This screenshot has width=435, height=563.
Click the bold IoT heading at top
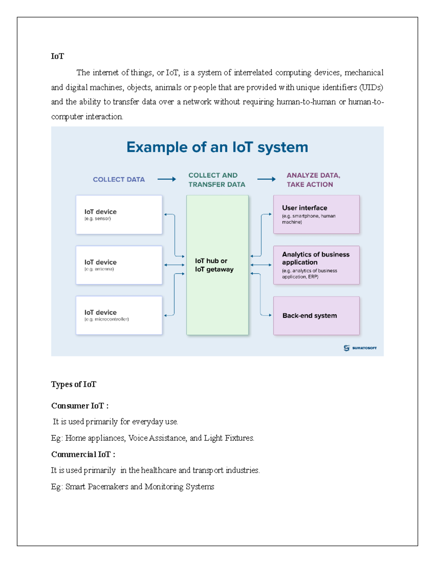coord(57,56)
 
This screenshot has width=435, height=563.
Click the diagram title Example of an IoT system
coord(217,147)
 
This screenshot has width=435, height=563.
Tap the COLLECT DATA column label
coord(119,179)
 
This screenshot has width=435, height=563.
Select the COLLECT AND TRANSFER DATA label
coord(216,180)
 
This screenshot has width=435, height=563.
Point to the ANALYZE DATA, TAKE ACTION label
coord(313,180)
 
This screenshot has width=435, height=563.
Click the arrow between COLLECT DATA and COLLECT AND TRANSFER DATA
coord(166,179)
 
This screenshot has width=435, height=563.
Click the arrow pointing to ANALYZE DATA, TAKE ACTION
coord(266,179)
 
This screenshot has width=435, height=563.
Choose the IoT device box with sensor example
coord(119,215)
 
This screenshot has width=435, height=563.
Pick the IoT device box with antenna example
coord(119,265)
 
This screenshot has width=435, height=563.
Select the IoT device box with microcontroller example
coord(119,315)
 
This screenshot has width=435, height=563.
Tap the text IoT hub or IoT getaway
coord(214,265)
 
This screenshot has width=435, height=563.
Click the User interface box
coord(316,214)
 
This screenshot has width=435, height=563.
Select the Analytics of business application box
coord(316,265)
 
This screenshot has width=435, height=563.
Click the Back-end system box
coord(316,315)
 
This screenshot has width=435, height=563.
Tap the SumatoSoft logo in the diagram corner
coord(360,348)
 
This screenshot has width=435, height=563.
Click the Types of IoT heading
coord(74,384)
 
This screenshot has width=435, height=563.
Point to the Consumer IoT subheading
coord(80,406)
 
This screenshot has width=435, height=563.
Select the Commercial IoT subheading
coord(83,454)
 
